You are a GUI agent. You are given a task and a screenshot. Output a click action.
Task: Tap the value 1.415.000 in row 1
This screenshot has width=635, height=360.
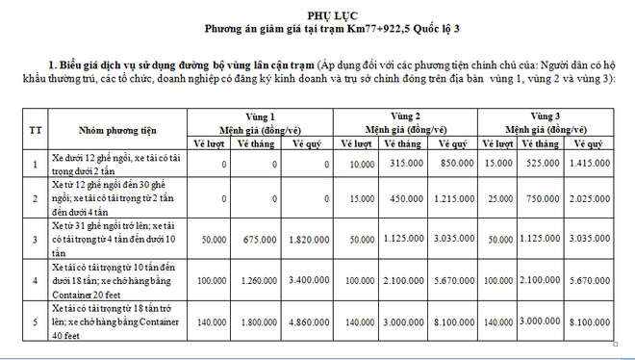596,165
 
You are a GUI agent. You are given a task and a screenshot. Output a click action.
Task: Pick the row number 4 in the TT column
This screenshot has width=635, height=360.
36,280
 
